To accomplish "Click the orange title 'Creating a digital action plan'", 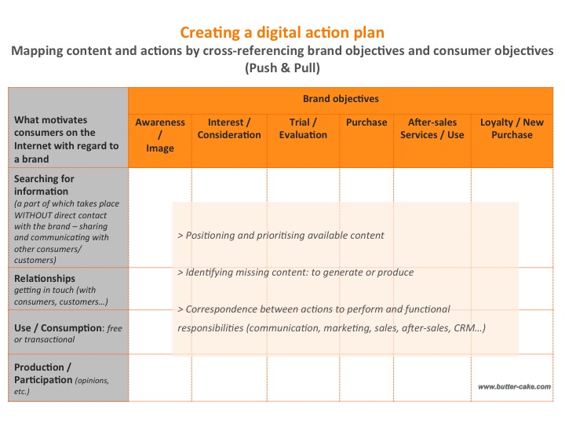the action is coord(282,33).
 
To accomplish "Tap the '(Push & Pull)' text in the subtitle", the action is coord(282,68).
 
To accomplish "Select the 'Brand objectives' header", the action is coord(341,99).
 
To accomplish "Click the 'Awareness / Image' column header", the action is coord(160,135).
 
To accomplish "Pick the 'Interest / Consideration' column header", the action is coord(229,129).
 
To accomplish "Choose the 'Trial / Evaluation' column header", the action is coord(303,129).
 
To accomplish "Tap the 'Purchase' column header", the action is coord(366,122).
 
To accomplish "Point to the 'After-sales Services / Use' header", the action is coord(432,129).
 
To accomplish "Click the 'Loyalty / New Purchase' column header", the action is coord(512,129).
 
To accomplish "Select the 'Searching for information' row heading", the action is coord(44,185).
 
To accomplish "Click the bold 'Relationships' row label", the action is coord(45,278).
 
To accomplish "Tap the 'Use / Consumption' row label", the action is coord(58,328).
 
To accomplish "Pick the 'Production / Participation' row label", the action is coord(43,374).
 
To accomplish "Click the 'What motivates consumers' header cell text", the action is coord(66,139).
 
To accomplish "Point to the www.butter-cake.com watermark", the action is coord(514,387).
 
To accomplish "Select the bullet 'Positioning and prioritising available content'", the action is coord(281,236).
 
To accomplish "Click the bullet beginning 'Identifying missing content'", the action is coord(296,272).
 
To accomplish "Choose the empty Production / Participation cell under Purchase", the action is coord(366,378).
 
